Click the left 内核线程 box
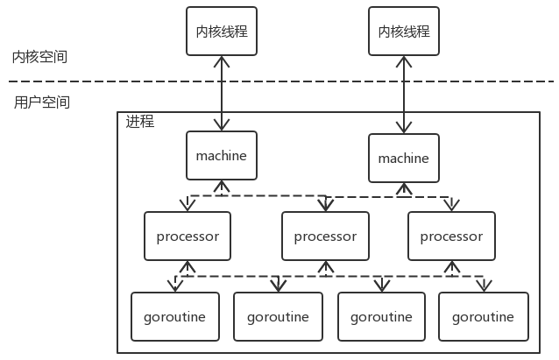tap(222, 32)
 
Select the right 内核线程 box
tap(404, 32)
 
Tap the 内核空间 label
tap(39, 57)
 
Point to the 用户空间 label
tap(42, 102)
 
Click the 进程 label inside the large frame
tap(140, 122)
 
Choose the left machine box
tap(222, 156)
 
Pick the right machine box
tap(404, 159)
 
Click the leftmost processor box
tap(188, 236)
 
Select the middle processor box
tap(325, 236)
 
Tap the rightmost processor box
tap(451, 236)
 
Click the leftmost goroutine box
tap(174, 316)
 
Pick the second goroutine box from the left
tap(278, 316)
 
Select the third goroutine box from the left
tap(381, 316)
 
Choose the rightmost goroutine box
tap(484, 316)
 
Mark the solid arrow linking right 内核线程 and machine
tap(404, 95)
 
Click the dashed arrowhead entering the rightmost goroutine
tap(484, 286)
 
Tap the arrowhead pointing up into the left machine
tap(222, 186)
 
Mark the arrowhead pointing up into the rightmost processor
tap(451, 265)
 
